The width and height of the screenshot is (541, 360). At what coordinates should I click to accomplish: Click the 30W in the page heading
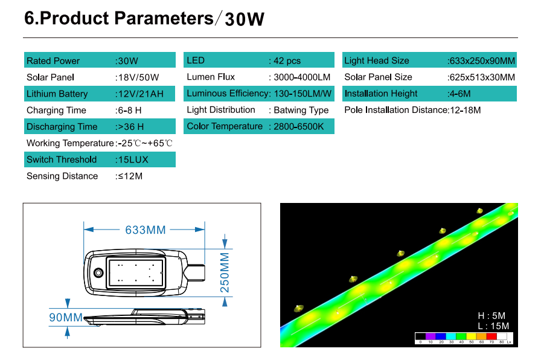245,19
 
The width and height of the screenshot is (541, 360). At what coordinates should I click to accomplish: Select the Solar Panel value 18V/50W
138,77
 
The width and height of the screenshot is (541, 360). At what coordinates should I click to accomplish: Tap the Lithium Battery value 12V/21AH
141,94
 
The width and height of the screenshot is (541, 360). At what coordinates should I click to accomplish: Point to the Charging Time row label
56,111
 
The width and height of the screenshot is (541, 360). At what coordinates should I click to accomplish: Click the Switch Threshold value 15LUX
133,160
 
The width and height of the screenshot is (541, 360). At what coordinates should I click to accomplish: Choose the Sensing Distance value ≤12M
130,176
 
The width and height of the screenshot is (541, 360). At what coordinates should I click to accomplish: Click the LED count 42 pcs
287,61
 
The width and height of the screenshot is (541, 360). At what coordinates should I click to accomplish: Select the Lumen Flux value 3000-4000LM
302,77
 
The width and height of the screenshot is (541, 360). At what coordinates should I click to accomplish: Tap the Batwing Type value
301,110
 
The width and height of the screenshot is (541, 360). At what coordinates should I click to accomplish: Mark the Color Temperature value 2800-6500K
299,127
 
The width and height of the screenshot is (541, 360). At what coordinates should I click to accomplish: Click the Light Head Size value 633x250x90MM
482,61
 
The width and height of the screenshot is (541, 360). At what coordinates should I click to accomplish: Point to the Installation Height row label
381,94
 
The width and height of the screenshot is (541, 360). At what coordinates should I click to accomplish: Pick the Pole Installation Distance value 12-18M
466,110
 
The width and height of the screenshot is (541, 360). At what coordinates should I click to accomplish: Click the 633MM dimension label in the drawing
146,230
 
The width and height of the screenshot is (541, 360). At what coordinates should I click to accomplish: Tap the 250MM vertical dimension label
225,272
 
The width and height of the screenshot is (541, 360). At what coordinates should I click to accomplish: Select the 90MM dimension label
66,318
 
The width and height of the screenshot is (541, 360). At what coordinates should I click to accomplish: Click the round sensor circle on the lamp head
98,273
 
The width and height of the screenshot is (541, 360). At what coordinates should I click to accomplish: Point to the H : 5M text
491,316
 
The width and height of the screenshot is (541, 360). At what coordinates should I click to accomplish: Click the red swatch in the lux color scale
491,336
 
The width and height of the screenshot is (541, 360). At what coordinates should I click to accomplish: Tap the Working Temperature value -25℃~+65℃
145,143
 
